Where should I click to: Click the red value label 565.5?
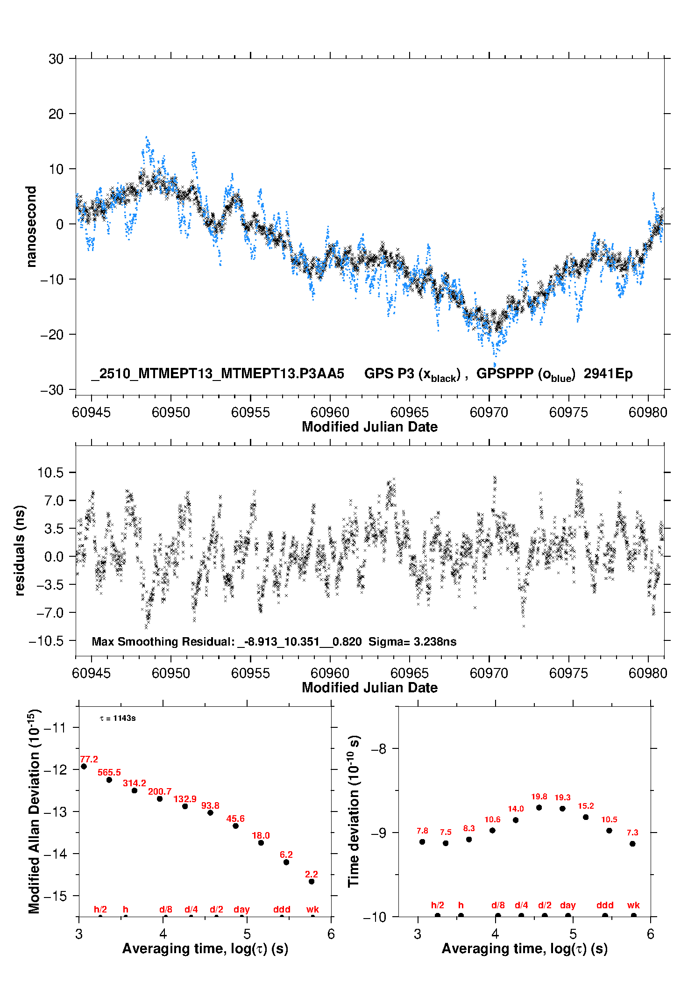[x=109, y=772]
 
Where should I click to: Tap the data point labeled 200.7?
[x=160, y=798]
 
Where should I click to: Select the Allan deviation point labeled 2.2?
[x=312, y=881]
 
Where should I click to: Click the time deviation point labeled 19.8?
[x=539, y=807]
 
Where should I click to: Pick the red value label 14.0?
[x=516, y=808]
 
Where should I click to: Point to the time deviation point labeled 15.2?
[x=586, y=817]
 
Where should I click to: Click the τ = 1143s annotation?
[x=118, y=718]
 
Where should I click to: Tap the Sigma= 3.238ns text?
[x=412, y=641]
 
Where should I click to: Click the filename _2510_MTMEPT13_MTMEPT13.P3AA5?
[x=218, y=373]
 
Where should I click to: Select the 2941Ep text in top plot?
[x=608, y=373]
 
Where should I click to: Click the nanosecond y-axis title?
[x=31, y=226]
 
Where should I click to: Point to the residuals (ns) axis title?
[x=20, y=550]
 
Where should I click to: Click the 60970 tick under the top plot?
[x=489, y=412]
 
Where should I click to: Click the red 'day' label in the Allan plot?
[x=241, y=909]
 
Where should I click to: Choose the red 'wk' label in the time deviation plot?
[x=633, y=905]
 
